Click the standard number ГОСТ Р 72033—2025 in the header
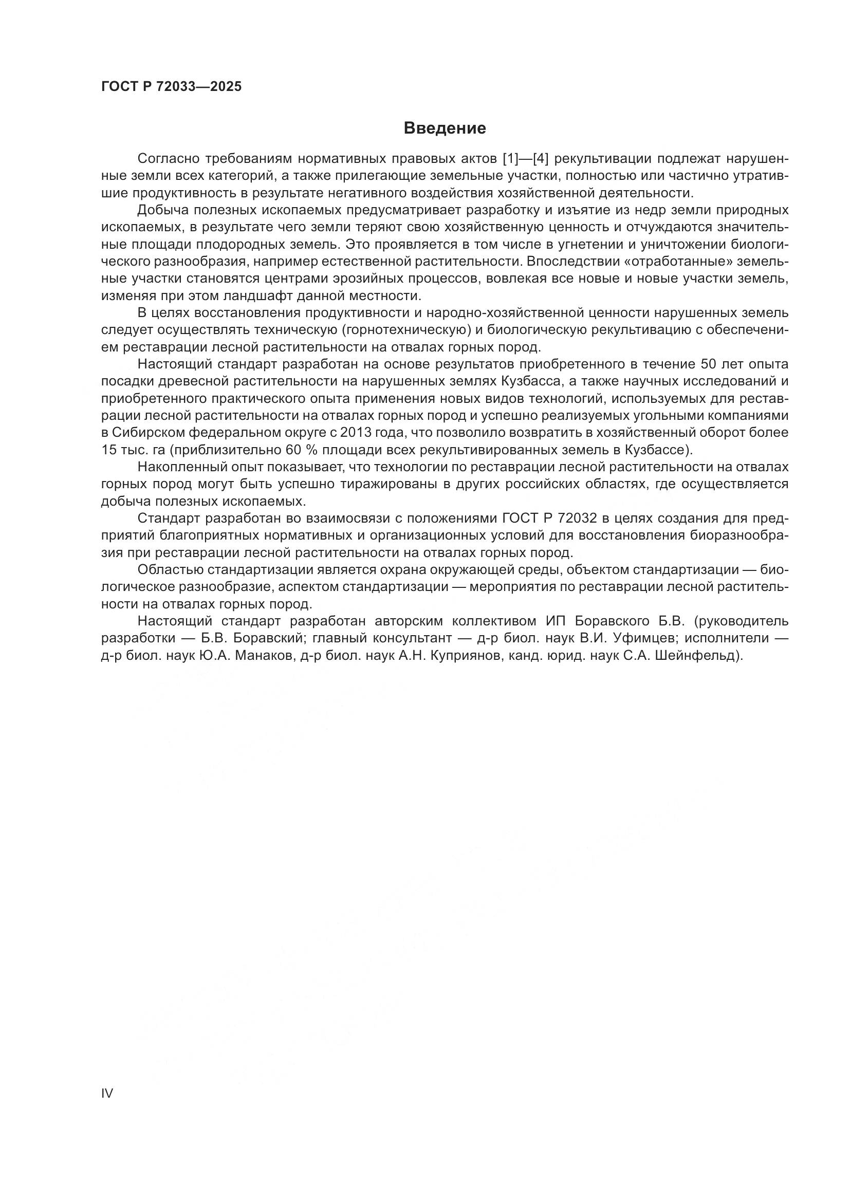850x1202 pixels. coord(171,86)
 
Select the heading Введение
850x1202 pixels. coord(445,128)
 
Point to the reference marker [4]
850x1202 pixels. coord(540,159)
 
